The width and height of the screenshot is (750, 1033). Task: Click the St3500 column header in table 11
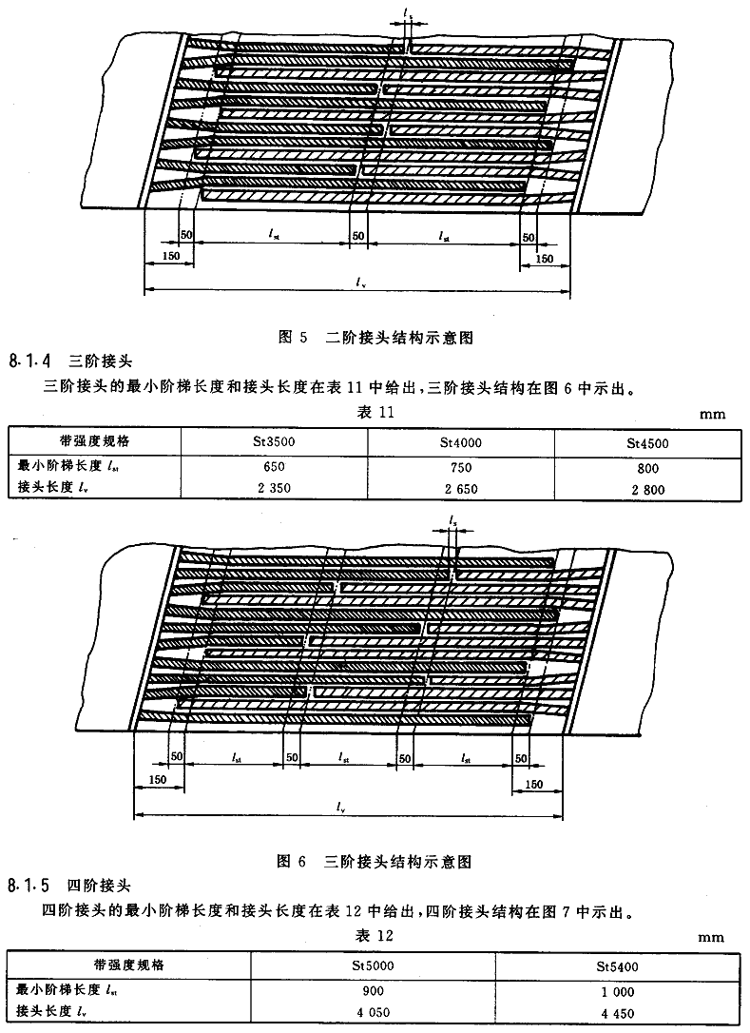click(274, 440)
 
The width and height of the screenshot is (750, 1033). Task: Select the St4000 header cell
click(461, 442)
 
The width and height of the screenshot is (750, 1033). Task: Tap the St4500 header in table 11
click(648, 444)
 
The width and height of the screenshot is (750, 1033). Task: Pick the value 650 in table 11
click(274, 466)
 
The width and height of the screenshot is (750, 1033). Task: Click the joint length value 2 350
click(274, 488)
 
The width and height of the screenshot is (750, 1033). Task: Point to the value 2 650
click(461, 489)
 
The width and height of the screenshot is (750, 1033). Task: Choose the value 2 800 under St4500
click(648, 490)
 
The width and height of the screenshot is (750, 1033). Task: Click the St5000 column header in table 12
click(373, 965)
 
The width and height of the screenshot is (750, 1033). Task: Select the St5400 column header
click(618, 967)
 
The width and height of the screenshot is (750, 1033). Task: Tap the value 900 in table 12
click(373, 991)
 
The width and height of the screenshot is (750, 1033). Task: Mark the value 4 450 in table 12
click(618, 1014)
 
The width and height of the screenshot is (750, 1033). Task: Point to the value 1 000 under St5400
click(618, 992)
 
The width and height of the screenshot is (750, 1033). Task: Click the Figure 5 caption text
click(375, 338)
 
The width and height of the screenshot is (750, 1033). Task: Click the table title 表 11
click(375, 413)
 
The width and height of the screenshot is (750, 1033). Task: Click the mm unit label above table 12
click(711, 938)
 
